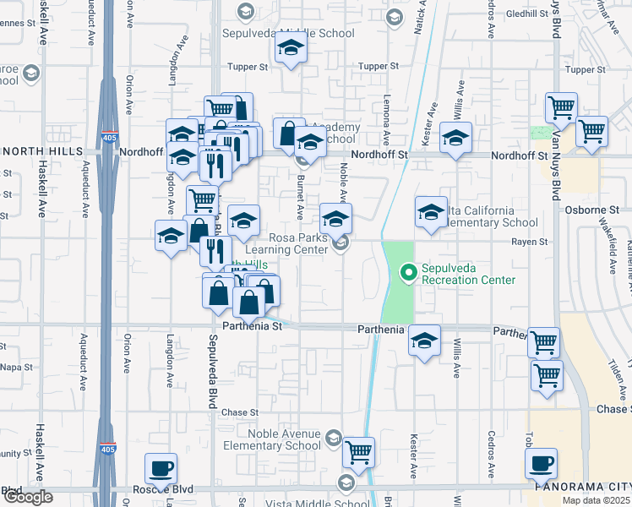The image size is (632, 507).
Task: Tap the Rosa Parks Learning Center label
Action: [286, 243]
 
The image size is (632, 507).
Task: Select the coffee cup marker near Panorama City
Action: [541, 464]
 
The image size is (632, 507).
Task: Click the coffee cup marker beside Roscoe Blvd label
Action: [161, 469]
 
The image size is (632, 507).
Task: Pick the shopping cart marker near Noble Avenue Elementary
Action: [358, 453]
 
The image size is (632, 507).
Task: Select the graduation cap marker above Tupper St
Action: [291, 50]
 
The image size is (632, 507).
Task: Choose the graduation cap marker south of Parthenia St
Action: [424, 341]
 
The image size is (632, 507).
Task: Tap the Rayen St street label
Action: [530, 242]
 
